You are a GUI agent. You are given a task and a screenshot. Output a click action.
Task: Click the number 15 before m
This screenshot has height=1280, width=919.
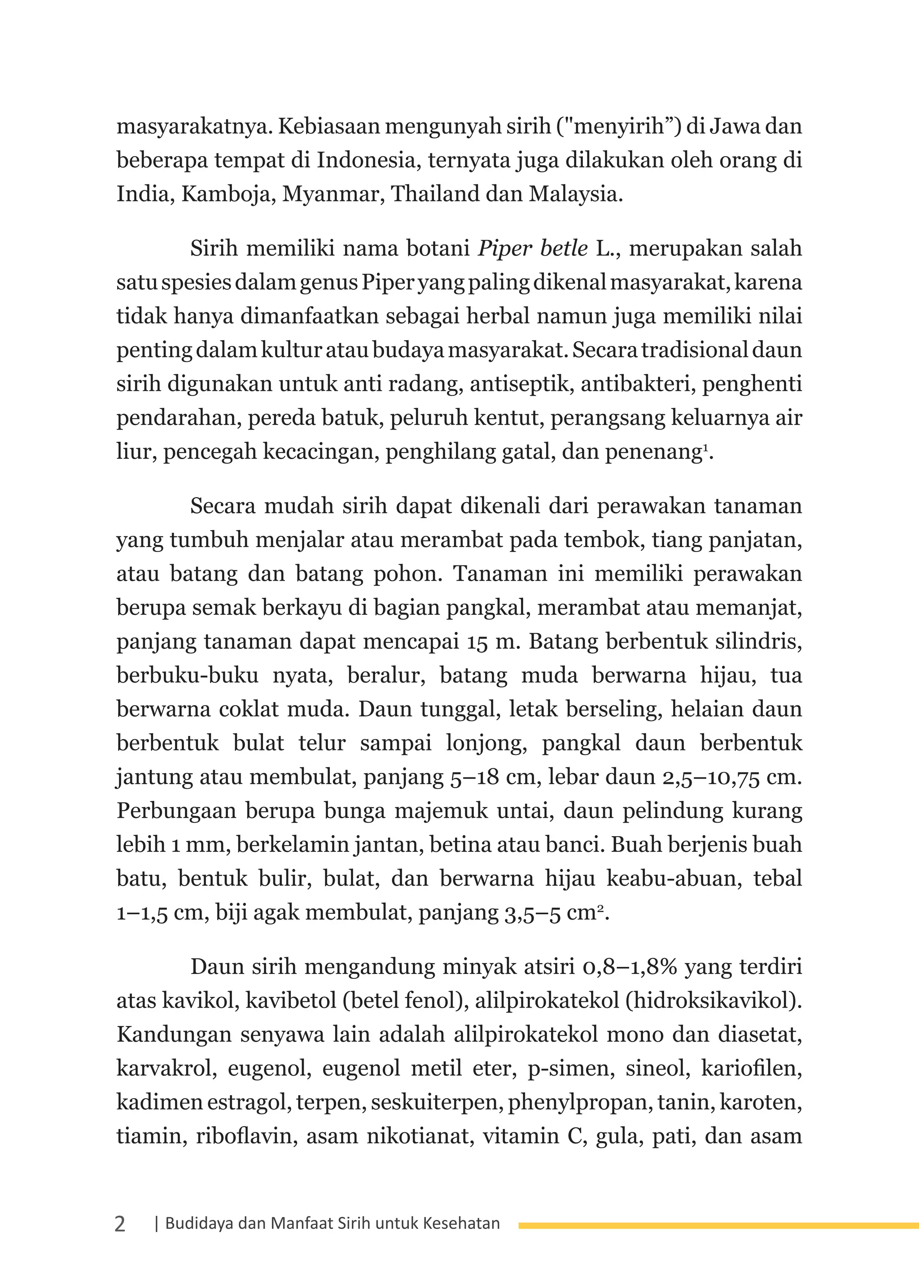tap(477, 642)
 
